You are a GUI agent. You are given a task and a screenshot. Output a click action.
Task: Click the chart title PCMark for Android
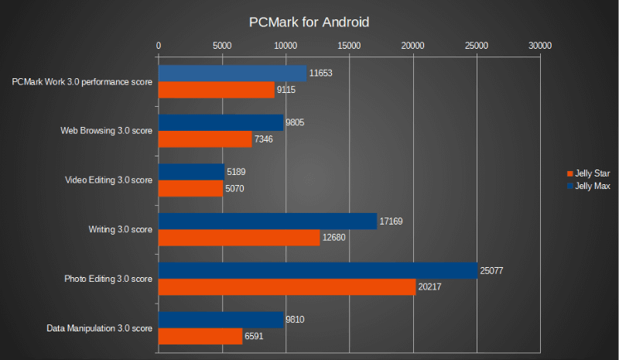tap(309, 22)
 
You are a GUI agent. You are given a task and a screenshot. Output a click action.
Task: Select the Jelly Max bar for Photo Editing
tap(317, 270)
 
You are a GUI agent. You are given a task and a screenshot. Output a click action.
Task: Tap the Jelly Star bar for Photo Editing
tap(286, 287)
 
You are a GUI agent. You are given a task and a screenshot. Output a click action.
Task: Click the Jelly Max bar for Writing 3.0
tap(267, 221)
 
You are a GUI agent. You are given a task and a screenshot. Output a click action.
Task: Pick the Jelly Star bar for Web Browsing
tap(205, 139)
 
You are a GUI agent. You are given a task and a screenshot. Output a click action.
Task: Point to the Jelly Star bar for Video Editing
tap(190, 188)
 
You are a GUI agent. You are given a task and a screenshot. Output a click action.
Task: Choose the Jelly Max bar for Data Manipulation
tap(221, 320)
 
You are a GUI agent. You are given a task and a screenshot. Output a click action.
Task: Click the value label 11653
tap(320, 74)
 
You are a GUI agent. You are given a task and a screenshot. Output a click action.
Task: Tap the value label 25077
tap(492, 271)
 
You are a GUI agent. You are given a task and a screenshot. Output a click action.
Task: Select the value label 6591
tap(256, 337)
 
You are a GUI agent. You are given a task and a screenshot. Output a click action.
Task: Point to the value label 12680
tap(334, 238)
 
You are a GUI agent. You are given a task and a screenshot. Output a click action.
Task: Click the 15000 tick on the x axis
tap(350, 46)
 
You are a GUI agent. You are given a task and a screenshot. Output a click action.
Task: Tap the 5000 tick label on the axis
tap(222, 46)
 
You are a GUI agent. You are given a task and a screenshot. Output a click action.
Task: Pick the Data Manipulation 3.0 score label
tap(99, 328)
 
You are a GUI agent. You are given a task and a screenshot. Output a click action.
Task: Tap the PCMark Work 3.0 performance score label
tap(82, 81)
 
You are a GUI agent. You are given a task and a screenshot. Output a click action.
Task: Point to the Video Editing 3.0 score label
tap(108, 180)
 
